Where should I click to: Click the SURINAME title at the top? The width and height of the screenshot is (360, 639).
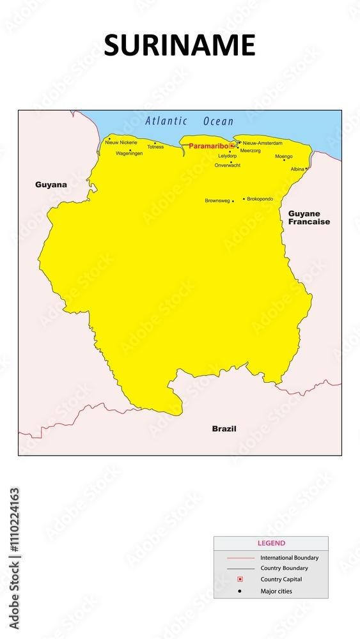(180, 45)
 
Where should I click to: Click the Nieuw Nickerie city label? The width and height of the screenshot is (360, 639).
(121, 142)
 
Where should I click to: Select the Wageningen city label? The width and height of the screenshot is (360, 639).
(129, 154)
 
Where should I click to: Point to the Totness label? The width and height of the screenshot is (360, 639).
(155, 147)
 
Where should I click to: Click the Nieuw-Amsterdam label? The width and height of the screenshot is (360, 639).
(262, 143)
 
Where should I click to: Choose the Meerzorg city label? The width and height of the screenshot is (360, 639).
(250, 151)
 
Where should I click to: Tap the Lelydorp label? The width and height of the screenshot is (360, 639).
(227, 156)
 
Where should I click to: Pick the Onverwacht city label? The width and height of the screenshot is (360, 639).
(228, 166)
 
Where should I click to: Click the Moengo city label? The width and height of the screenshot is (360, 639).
(283, 157)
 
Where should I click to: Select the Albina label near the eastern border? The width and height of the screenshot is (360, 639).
(297, 169)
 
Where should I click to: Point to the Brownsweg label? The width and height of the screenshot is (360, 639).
(217, 201)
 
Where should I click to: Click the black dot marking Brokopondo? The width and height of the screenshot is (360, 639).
(244, 199)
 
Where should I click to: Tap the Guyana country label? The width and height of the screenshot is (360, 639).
(51, 185)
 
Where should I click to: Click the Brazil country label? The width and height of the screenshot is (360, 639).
(224, 429)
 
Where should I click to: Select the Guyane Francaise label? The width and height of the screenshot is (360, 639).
(309, 218)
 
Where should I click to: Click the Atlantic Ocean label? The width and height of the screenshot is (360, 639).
(189, 121)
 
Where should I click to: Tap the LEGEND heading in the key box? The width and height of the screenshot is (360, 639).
(271, 543)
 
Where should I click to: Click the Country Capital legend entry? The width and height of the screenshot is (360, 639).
(281, 580)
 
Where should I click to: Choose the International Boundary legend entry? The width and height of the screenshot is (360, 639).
(289, 558)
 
